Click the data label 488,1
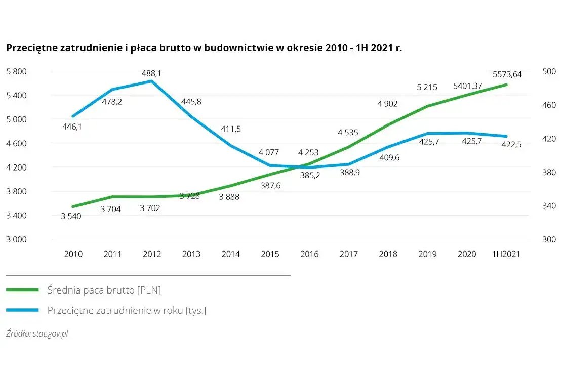tap(151, 73)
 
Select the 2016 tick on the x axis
tap(309, 254)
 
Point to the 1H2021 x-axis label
tap(506, 254)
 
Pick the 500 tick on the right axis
tap(549, 71)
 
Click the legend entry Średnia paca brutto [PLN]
tap(104, 290)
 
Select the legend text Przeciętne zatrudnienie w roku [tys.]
tap(127, 310)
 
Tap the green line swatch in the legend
tap(22, 290)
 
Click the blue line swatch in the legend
tap(22, 310)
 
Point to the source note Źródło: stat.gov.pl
tap(37, 334)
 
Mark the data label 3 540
tap(71, 216)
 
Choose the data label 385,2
tap(309, 176)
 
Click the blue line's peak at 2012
tap(151, 81)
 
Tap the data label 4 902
tap(387, 104)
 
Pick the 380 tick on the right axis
tap(549, 172)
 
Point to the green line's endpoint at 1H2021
tap(506, 85)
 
